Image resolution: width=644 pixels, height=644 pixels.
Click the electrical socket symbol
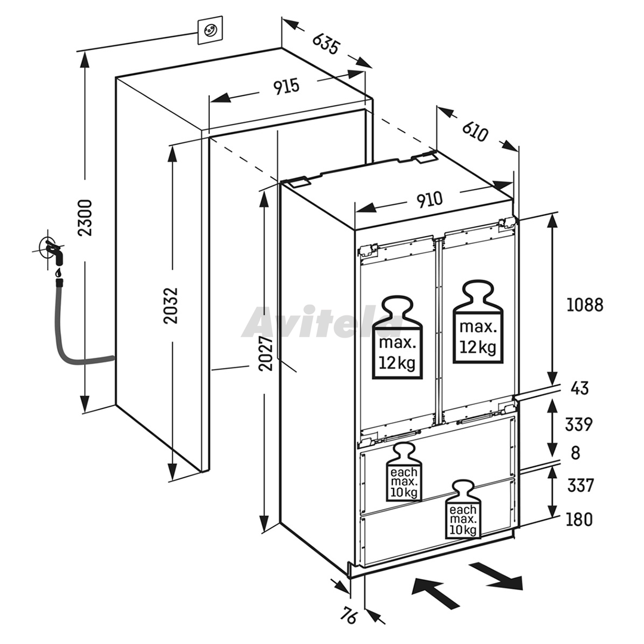click(210, 30)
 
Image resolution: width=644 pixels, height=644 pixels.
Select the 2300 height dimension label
click(85, 217)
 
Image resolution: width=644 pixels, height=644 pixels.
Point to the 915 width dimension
click(287, 86)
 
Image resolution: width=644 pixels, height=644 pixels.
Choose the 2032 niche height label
click(171, 305)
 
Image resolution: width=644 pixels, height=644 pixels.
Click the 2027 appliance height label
click(266, 354)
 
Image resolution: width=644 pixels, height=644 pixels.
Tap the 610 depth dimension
click(476, 131)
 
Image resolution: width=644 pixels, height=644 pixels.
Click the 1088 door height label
click(584, 305)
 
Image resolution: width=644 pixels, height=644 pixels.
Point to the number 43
click(580, 388)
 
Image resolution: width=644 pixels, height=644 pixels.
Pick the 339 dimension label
click(578, 425)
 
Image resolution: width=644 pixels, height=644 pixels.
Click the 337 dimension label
click(580, 485)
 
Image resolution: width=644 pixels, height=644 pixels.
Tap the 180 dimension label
click(579, 519)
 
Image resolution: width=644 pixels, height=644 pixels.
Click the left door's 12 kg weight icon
click(397, 337)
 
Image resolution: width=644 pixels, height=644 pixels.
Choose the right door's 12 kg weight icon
click(478, 322)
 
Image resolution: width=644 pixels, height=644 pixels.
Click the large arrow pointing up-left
click(435, 592)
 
